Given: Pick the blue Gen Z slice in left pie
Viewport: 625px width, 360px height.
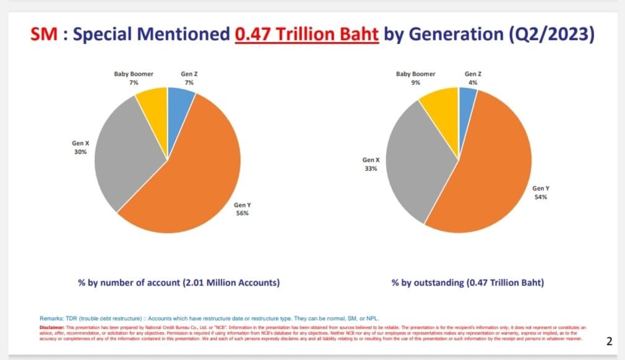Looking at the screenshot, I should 178,99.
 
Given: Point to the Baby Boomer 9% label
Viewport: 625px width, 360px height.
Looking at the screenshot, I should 416,77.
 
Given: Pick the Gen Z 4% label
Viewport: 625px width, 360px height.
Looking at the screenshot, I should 473,77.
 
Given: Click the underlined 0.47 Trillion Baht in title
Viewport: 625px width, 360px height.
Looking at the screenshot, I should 306,35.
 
